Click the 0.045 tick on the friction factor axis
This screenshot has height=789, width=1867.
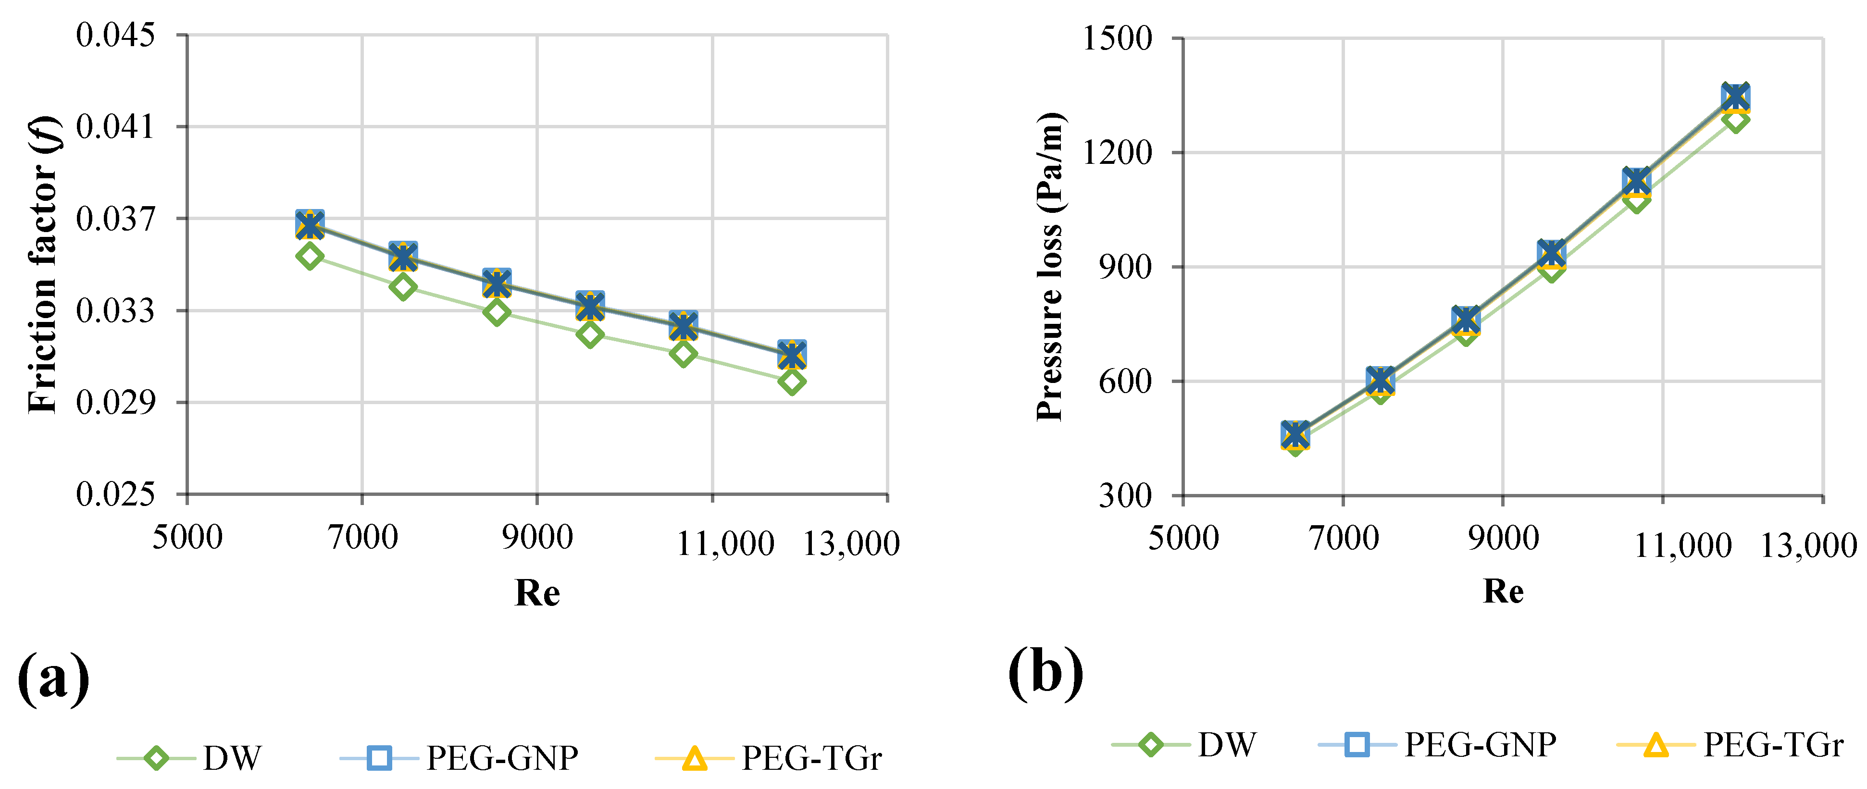pos(115,35)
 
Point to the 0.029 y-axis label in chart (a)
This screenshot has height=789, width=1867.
pos(115,402)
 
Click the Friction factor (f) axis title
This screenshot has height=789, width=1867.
pos(43,264)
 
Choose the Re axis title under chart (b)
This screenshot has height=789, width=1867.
pos(1503,591)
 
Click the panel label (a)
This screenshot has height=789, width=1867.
pos(53,678)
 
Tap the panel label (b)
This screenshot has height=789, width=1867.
pos(1045,672)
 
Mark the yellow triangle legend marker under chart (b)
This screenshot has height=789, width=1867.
pos(1655,745)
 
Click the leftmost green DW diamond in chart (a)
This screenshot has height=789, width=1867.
pos(310,256)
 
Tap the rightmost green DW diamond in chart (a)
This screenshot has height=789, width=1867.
pos(792,381)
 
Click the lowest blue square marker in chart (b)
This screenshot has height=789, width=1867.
pos(1295,434)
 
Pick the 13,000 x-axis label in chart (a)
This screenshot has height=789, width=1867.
pos(851,543)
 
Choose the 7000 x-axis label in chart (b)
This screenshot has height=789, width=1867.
pos(1344,538)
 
